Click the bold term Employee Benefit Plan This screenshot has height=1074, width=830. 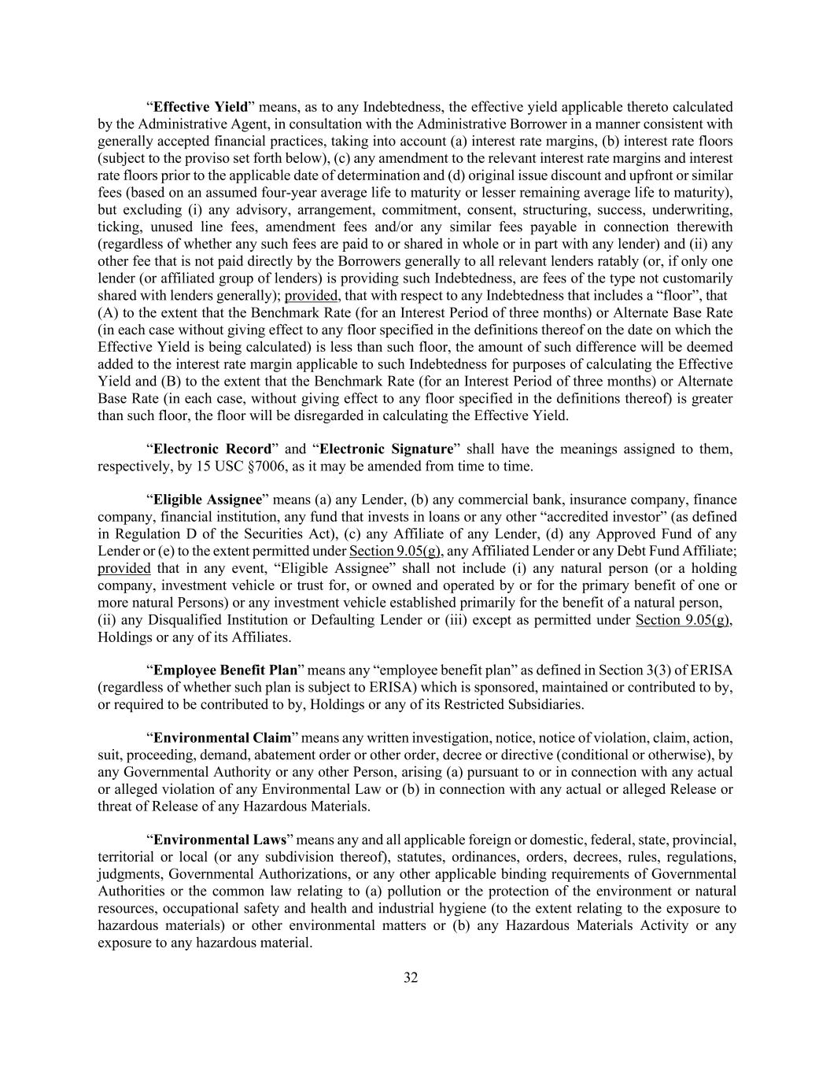click(x=225, y=670)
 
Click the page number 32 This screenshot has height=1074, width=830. click(x=411, y=978)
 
